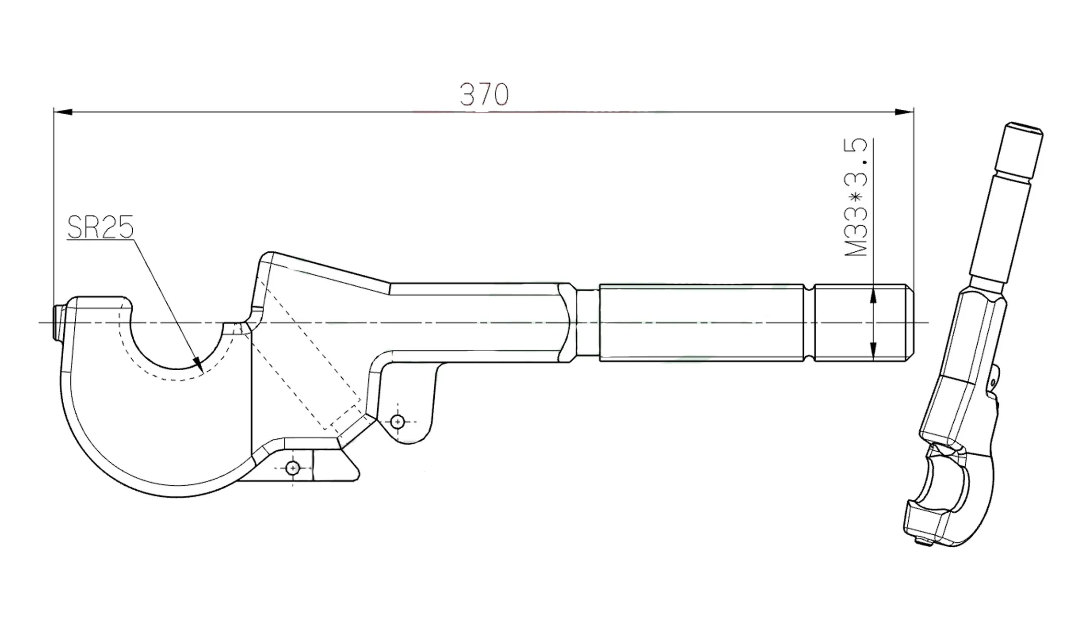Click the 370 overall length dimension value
pyautogui.click(x=484, y=94)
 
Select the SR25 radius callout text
pyautogui.click(x=100, y=227)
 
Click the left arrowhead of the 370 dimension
pyautogui.click(x=63, y=112)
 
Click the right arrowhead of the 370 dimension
pyautogui.click(x=904, y=112)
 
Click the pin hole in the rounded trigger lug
pyautogui.click(x=397, y=422)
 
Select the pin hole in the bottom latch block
pyautogui.click(x=292, y=468)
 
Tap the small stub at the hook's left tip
pyautogui.click(x=59, y=324)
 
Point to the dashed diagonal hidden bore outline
pyautogui.click(x=307, y=355)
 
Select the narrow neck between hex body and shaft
pyautogui.click(x=588, y=322)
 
